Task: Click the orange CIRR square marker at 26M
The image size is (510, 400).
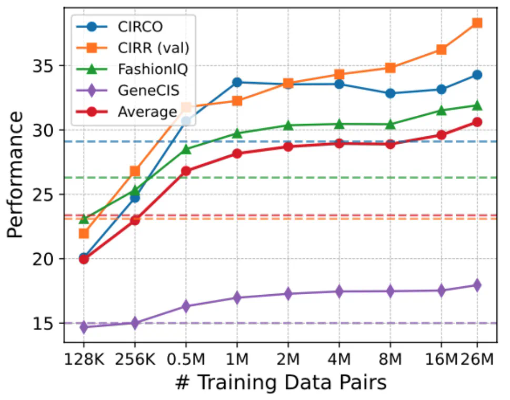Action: (x=477, y=23)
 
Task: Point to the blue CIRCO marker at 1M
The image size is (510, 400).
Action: (x=237, y=82)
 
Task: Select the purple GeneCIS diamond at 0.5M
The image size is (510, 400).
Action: (x=186, y=306)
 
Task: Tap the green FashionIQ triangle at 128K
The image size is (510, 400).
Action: (x=84, y=218)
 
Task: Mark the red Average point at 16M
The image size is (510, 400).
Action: (x=441, y=135)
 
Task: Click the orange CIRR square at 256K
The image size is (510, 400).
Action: (x=135, y=171)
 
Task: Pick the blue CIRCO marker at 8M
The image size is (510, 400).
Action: (x=390, y=93)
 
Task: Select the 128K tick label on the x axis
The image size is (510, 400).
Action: (x=84, y=360)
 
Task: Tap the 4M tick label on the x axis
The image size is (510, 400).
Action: (x=339, y=360)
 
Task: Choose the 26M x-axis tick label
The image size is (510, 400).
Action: (x=477, y=360)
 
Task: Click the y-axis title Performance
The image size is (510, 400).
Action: (x=16, y=174)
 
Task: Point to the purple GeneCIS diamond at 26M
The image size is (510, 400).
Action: (x=477, y=285)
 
